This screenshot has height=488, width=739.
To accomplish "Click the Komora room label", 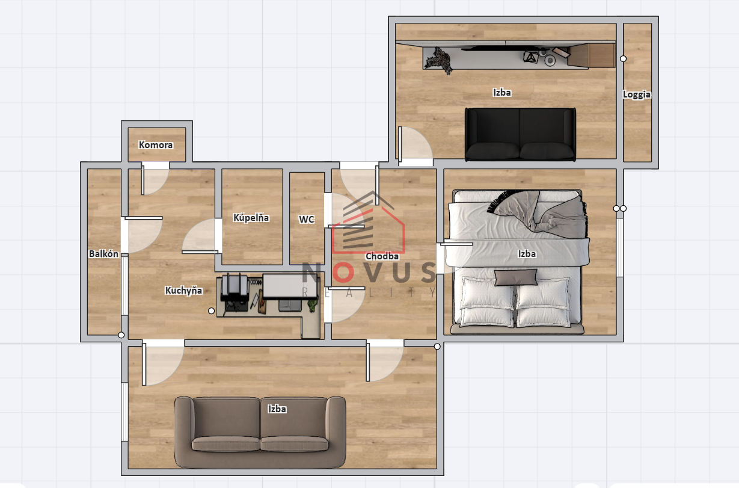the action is coord(156,145).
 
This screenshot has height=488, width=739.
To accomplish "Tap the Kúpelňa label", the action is coord(251,218).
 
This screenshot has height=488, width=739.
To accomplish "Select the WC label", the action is coord(307,219).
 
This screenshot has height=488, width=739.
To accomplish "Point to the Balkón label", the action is coord(103,254).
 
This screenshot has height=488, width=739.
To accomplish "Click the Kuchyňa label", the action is coord(183,291).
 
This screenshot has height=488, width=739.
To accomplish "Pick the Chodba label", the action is coord(382,256).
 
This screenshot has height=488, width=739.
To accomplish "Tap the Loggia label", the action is coord(637,94).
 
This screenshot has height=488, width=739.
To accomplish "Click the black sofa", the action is coord(520,134).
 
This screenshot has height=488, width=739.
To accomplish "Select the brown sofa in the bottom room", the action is coord(260,432).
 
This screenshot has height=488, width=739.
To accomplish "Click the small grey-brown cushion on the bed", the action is coord(516,277).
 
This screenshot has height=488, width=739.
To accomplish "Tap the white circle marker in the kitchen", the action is coord(212,310).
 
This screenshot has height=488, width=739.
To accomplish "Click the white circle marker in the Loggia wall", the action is coord(623,59).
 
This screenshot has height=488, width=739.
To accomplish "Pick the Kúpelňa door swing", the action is coord(200,236).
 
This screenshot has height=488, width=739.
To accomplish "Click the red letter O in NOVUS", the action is coord(343,272).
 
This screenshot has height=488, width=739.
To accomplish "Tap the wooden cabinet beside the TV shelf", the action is coord(592,55).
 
